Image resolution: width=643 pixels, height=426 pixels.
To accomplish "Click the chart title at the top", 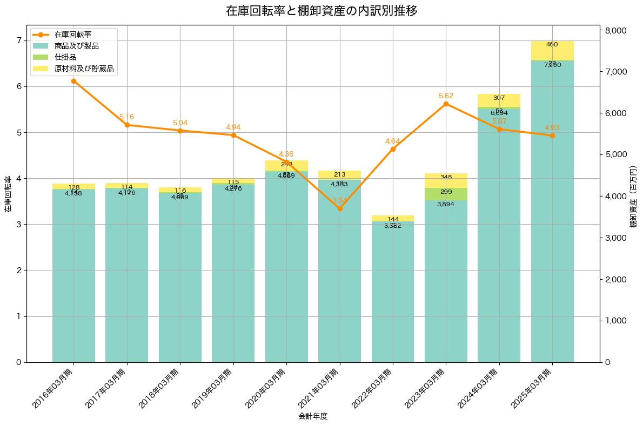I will pyautogui.click(x=321, y=11).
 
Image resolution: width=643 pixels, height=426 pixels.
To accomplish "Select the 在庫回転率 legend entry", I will pyautogui.click(x=73, y=35).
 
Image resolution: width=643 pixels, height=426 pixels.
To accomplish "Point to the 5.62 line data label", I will pyautogui.click(x=446, y=96).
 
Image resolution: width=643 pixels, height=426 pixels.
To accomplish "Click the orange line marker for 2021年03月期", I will pyautogui.click(x=340, y=208).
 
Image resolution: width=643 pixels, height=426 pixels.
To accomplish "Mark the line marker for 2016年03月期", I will pyautogui.click(x=73, y=81).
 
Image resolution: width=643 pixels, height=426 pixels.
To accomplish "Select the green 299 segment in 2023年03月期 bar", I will pyautogui.click(x=446, y=194).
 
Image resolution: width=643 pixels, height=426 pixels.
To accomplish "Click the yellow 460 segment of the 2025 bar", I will pyautogui.click(x=552, y=50).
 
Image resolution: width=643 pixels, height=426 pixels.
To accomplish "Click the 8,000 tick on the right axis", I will pyautogui.click(x=615, y=30).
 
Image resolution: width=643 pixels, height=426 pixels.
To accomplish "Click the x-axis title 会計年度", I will pyautogui.click(x=313, y=416).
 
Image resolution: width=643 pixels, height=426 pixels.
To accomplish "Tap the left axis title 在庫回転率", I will pyautogui.click(x=8, y=194).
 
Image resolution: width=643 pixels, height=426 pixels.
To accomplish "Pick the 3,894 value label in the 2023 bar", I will pyautogui.click(x=446, y=204).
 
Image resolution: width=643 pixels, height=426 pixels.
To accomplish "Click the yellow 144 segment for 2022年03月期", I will pyautogui.click(x=393, y=219).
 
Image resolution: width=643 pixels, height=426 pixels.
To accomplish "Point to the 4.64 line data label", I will pyautogui.click(x=393, y=141).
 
